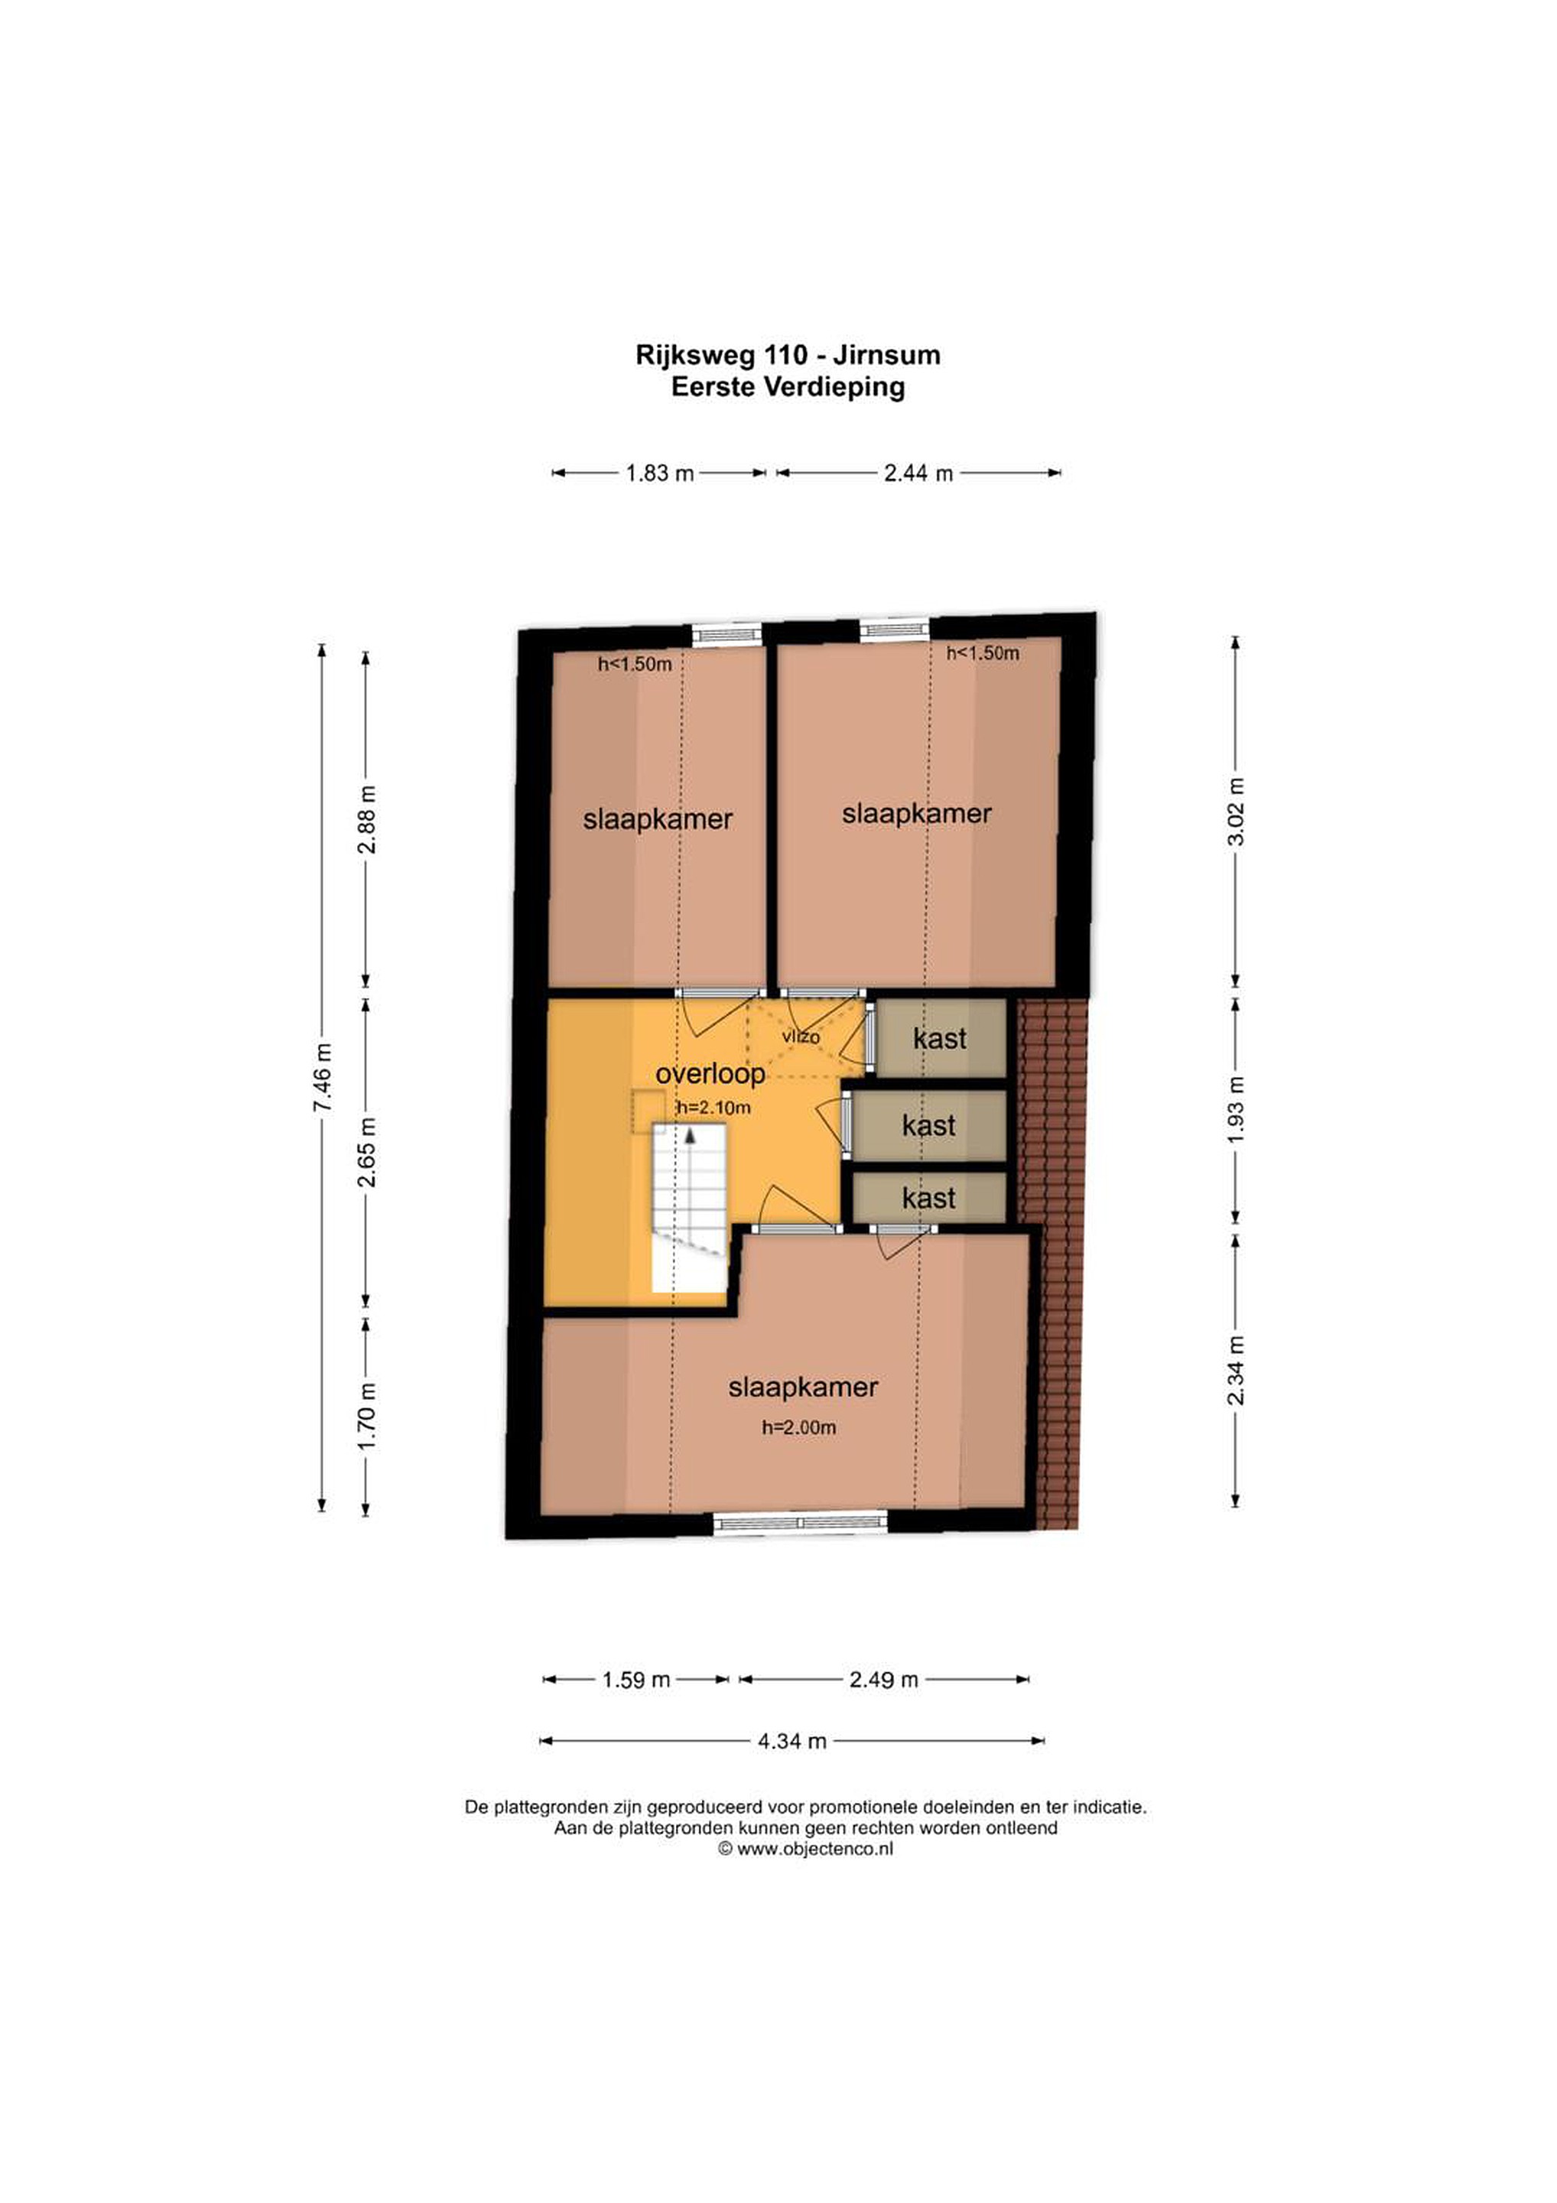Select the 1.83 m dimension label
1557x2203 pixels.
click(660, 473)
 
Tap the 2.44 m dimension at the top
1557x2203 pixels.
click(918, 473)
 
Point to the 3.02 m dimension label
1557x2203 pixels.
click(1236, 812)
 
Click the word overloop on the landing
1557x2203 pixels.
click(710, 1074)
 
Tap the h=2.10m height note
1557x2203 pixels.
click(713, 1108)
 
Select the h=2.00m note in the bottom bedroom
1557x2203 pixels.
click(799, 1427)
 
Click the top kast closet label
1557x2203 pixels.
click(940, 1038)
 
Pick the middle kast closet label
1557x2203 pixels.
click(928, 1124)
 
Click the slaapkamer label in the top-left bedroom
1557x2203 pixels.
click(658, 819)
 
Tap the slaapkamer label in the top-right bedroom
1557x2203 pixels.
click(917, 814)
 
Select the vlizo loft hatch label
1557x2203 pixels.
click(801, 1036)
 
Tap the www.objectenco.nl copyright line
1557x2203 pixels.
click(806, 1848)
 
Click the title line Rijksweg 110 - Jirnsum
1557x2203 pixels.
click(788, 355)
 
